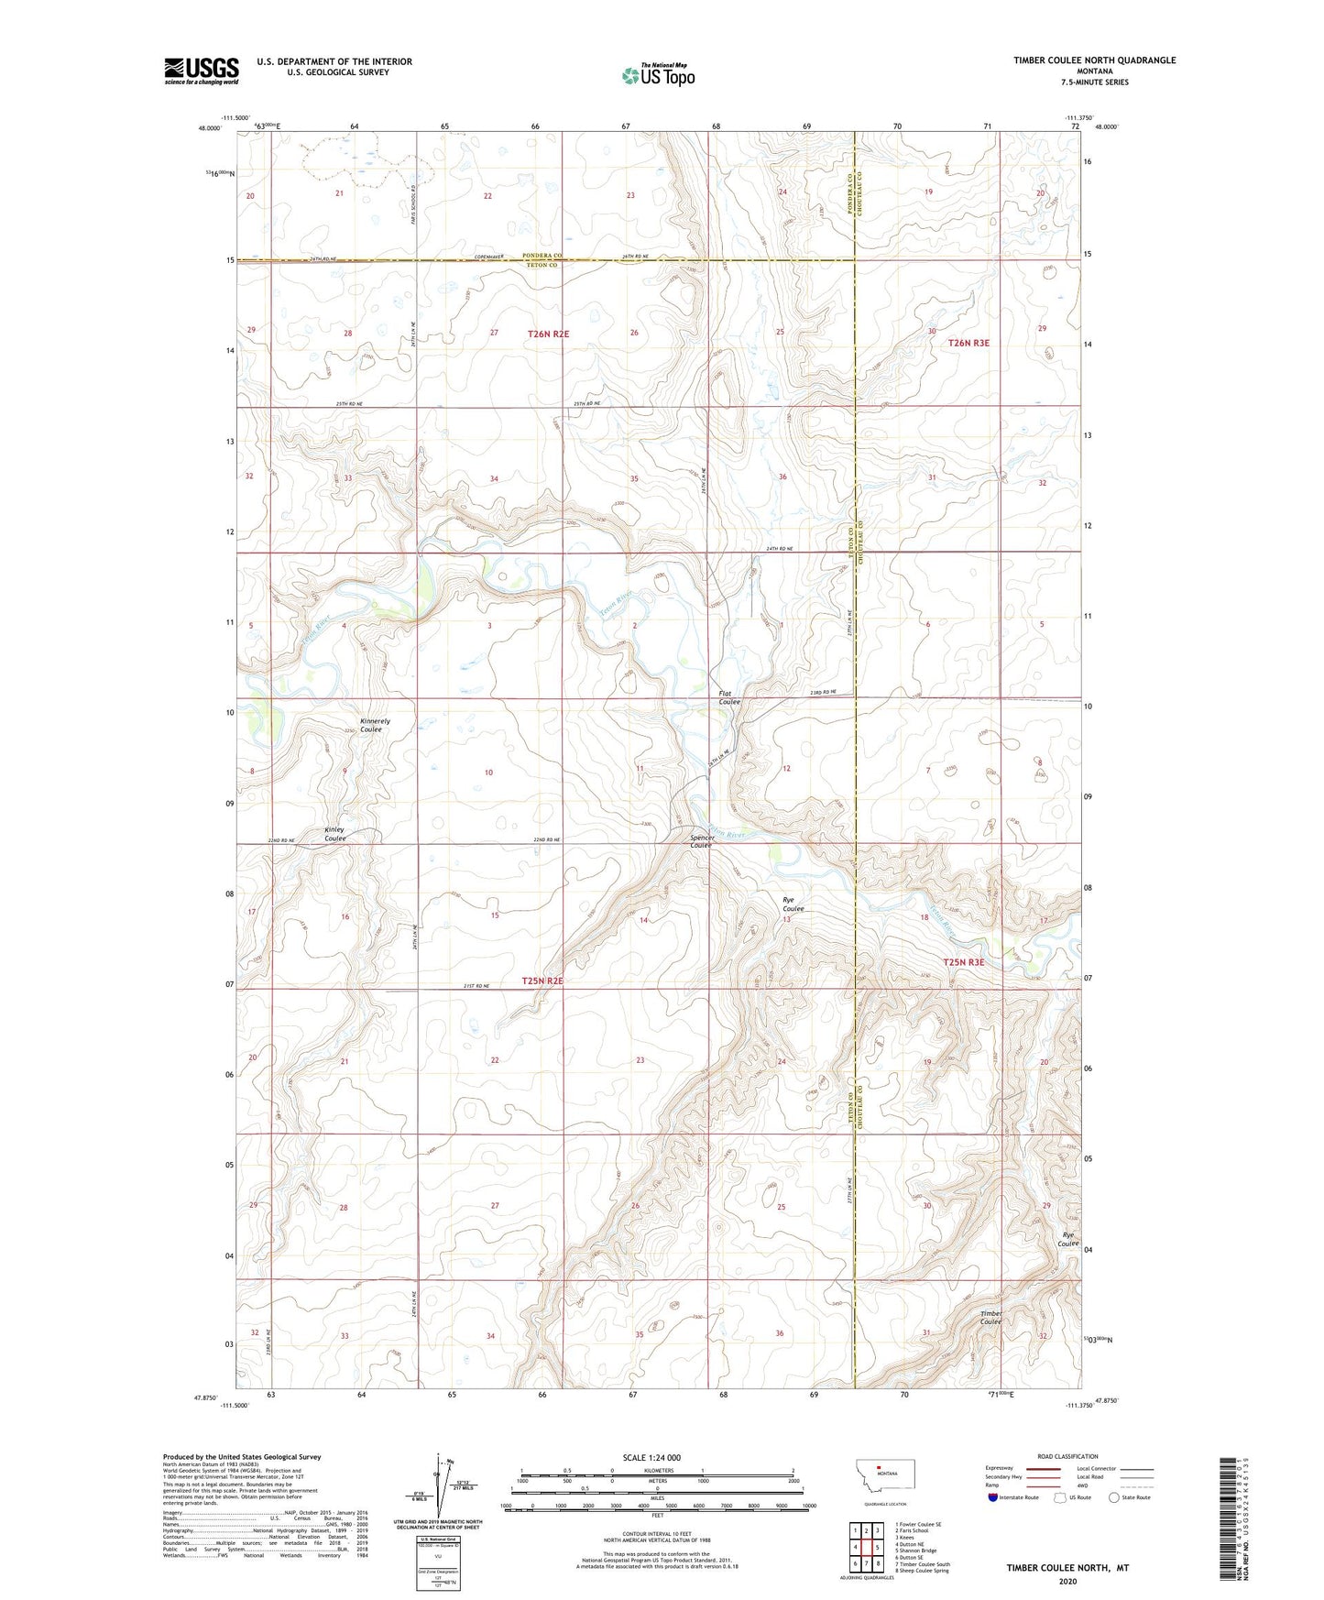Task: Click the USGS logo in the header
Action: point(202,70)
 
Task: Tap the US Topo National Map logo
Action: point(658,74)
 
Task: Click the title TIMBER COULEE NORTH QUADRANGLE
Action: point(1094,60)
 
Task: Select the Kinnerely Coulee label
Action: point(375,725)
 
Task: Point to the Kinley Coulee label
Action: point(335,834)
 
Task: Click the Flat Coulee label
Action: point(729,697)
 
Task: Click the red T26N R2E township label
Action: point(548,334)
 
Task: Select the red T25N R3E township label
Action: point(964,962)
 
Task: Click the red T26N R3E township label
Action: point(968,343)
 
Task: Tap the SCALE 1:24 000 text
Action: point(651,1457)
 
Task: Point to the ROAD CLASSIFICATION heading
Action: point(1067,1456)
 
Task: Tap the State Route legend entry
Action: point(1114,1497)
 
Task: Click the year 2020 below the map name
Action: point(1067,1581)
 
